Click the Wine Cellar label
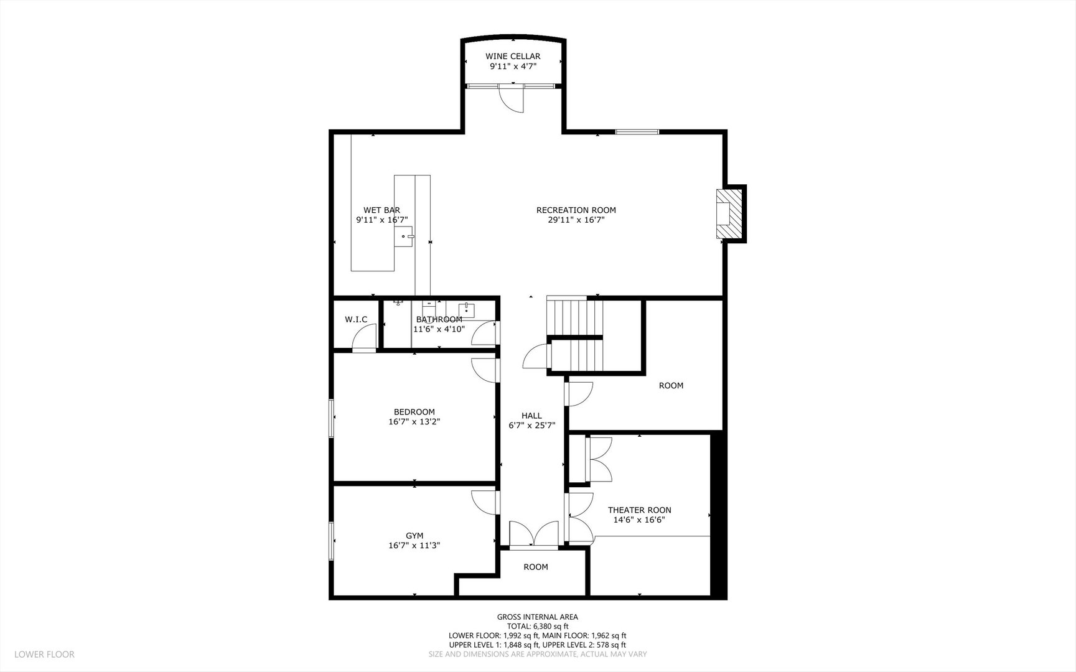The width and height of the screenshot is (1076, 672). (x=513, y=57)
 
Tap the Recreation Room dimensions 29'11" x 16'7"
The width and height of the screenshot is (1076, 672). (x=576, y=220)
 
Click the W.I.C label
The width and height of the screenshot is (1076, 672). (x=356, y=320)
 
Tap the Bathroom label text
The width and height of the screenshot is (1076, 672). (x=439, y=320)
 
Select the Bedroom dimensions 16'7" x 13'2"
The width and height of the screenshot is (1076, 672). (x=414, y=422)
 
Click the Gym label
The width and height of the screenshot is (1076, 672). (x=414, y=536)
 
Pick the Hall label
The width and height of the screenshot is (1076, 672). (x=531, y=416)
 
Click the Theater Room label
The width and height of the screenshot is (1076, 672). (x=639, y=510)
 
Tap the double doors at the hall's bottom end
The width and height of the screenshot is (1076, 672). (x=534, y=534)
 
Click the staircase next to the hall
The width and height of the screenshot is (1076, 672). (x=576, y=335)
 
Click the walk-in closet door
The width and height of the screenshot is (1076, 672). (x=364, y=339)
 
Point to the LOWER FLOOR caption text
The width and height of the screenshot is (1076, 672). (x=44, y=655)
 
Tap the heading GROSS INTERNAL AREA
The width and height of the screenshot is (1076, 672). (x=537, y=617)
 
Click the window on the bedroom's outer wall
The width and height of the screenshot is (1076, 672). (x=332, y=418)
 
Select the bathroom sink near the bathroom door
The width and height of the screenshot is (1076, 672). (x=467, y=310)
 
